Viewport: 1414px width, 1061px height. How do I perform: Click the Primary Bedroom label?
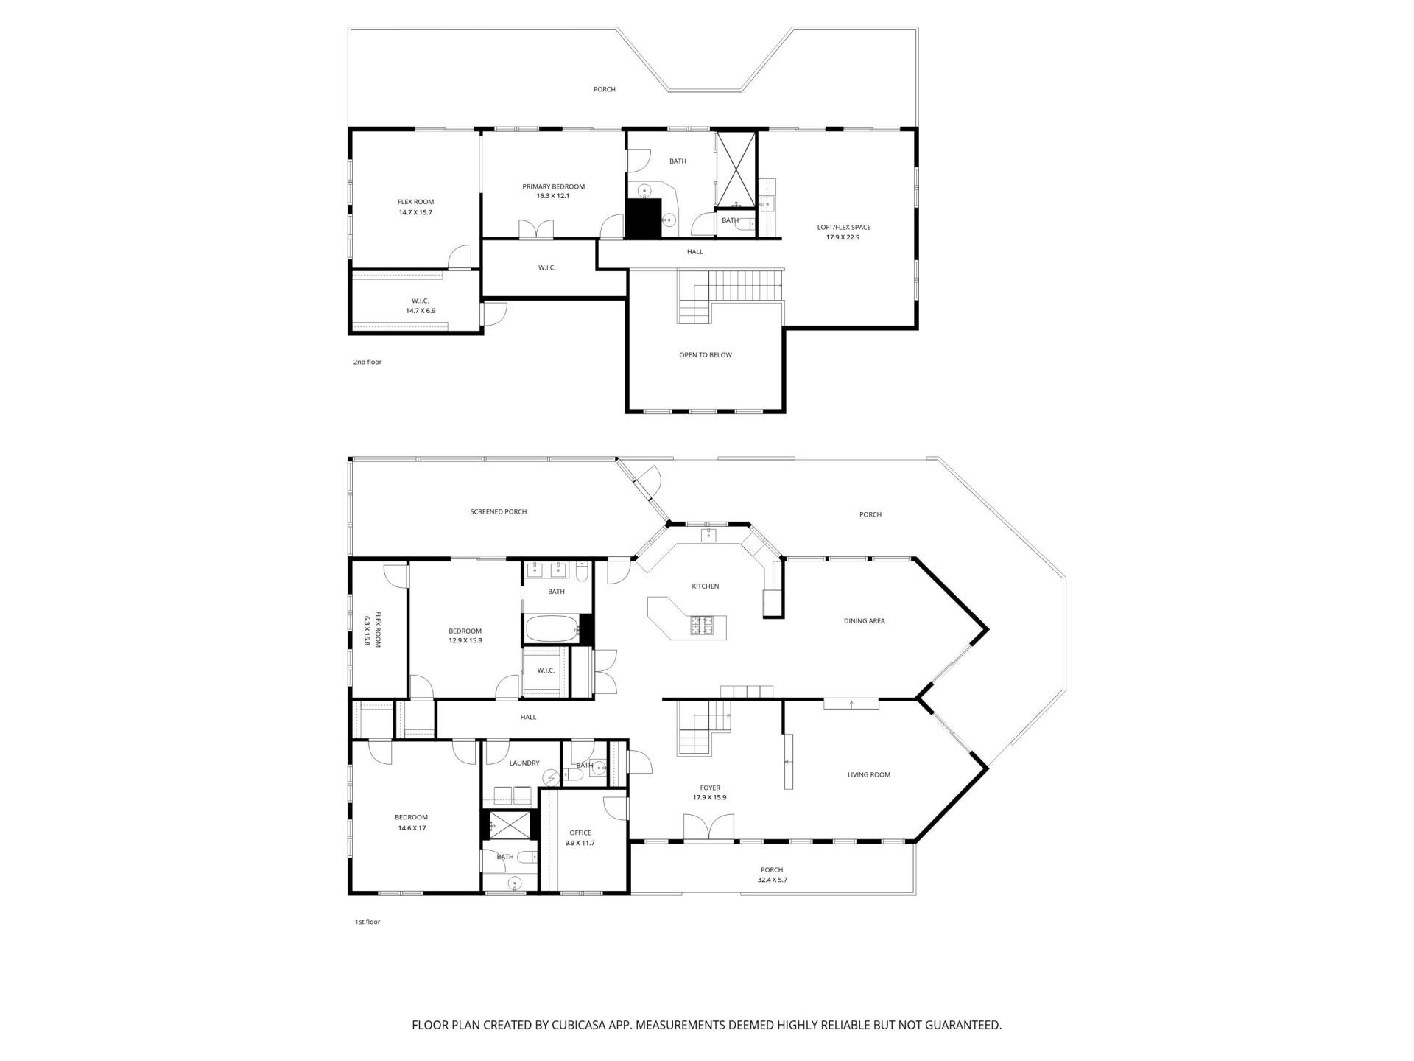(553, 186)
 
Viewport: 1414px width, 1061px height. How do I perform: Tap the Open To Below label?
(705, 355)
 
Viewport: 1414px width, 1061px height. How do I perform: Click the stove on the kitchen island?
(702, 626)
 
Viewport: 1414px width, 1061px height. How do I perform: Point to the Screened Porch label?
(499, 511)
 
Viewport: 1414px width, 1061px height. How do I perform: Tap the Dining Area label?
(864, 621)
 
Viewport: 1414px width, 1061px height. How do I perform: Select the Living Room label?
(868, 774)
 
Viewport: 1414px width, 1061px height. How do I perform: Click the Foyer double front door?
(708, 826)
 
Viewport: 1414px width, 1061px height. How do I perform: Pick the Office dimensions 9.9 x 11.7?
(580, 843)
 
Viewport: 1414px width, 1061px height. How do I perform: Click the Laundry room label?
(524, 763)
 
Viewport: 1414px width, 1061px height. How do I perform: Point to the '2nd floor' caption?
(367, 362)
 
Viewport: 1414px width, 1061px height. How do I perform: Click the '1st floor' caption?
(367, 922)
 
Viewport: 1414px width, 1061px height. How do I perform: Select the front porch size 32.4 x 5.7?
(772, 880)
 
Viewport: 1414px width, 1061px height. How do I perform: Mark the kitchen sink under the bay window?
(708, 533)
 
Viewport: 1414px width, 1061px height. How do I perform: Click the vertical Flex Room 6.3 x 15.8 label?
(371, 629)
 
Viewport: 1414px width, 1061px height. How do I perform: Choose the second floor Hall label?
(694, 252)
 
